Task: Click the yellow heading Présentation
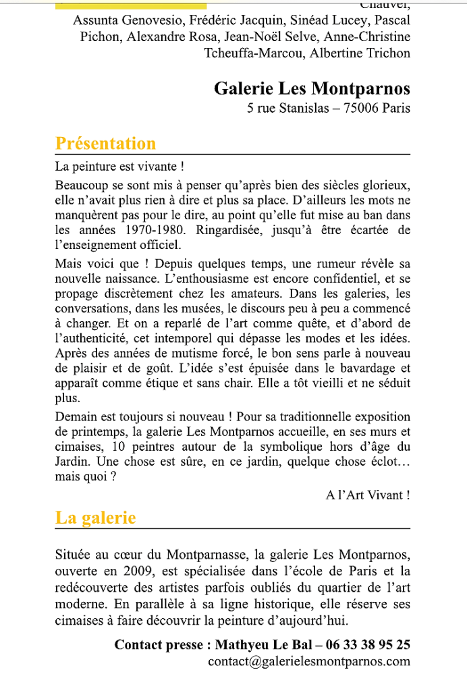tap(105, 144)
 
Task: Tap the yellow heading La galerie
tap(95, 518)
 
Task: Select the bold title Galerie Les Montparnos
tap(312, 88)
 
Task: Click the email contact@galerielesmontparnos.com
tap(309, 661)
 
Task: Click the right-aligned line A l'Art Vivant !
tap(368, 495)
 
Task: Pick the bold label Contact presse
tap(159, 644)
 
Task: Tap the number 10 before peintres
tap(119, 447)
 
